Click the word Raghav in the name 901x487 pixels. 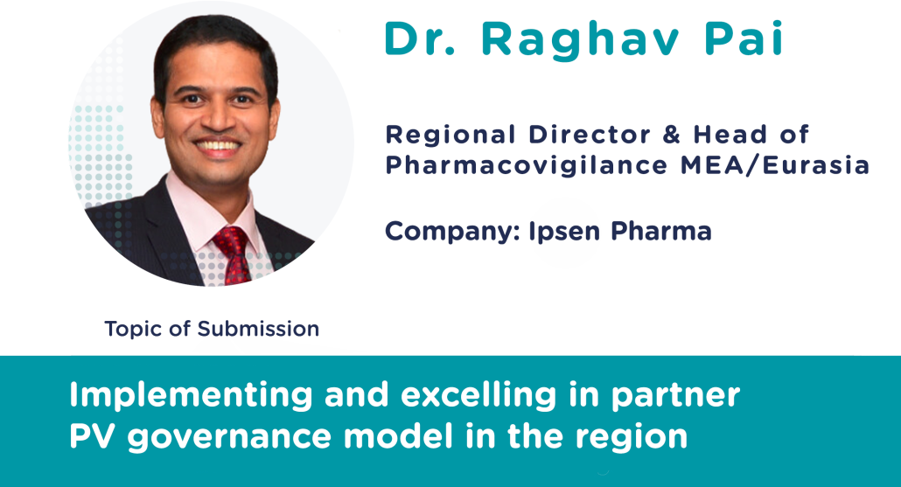pyautogui.click(x=580, y=41)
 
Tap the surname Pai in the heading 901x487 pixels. pyautogui.click(x=744, y=38)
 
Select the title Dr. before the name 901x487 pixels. pyautogui.click(x=420, y=38)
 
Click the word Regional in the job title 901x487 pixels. pyautogui.click(x=450, y=136)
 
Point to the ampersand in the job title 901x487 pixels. pyautogui.click(x=671, y=135)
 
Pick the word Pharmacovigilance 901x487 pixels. pyautogui.click(x=527, y=166)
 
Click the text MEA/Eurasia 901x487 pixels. pyautogui.click(x=774, y=165)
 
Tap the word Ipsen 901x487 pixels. pyautogui.click(x=564, y=232)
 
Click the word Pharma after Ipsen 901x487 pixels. pyautogui.click(x=660, y=232)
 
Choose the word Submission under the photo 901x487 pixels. pyautogui.click(x=258, y=329)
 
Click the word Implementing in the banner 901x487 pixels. pyautogui.click(x=191, y=396)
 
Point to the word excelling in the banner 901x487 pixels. pyautogui.click(x=478, y=396)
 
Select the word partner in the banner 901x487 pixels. pyautogui.click(x=675, y=396)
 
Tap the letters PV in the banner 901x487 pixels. pyautogui.click(x=92, y=436)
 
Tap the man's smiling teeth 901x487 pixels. pyautogui.click(x=218, y=145)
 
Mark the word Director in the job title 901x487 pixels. pyautogui.click(x=590, y=135)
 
